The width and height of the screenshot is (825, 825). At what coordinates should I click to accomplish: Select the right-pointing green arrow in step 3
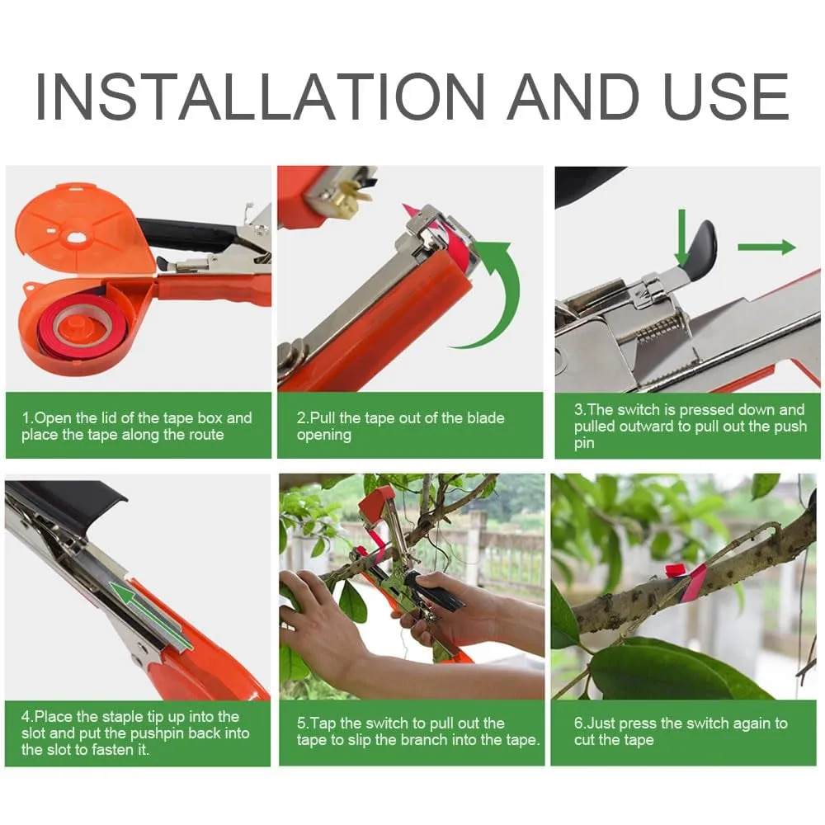765,247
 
